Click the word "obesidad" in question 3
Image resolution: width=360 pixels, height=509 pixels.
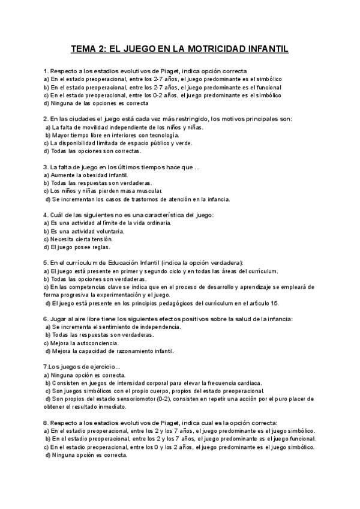(x=98, y=175)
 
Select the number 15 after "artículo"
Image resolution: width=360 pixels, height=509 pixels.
(x=275, y=303)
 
